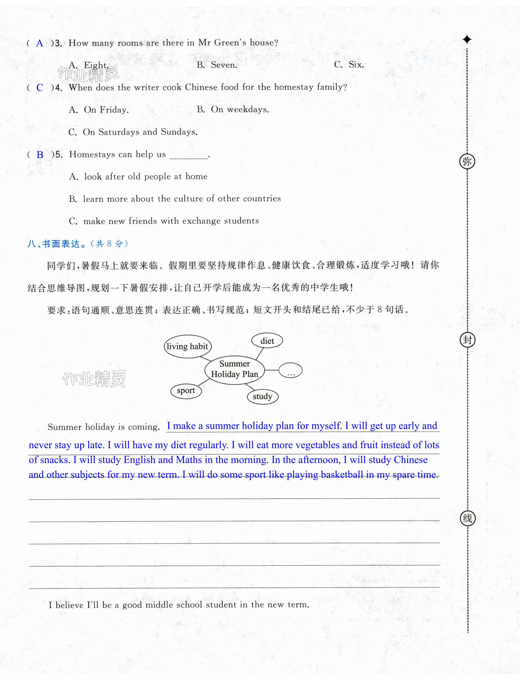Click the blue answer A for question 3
(39, 43)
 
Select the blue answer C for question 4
(39, 88)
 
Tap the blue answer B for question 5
(40, 155)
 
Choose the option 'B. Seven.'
(217, 65)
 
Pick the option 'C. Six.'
(349, 65)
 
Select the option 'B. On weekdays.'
(233, 109)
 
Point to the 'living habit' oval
(187, 346)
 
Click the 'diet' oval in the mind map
(267, 341)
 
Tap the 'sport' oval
(186, 391)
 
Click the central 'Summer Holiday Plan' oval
(234, 369)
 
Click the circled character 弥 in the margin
(467, 161)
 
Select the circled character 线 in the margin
(467, 518)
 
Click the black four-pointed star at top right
(467, 40)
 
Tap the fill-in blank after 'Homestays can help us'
(188, 155)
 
